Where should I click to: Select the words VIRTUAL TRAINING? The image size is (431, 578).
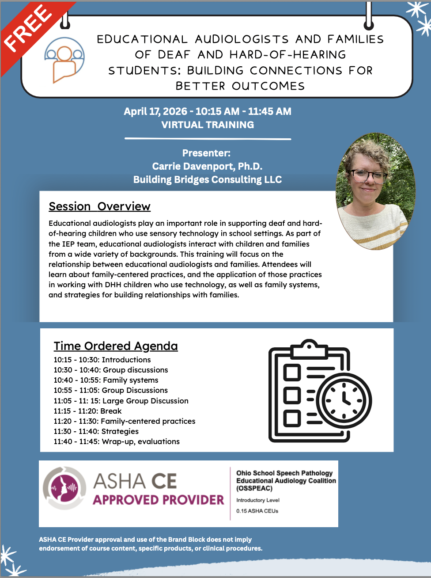208,125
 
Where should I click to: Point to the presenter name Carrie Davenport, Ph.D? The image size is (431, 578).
207,166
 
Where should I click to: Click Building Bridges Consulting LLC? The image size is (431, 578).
208,179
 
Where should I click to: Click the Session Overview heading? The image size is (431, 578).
99,206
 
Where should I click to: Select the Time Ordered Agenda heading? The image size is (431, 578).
116,346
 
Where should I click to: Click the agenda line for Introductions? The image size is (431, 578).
102,360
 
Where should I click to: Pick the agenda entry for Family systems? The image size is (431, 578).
106,380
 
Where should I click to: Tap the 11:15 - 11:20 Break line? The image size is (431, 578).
87,411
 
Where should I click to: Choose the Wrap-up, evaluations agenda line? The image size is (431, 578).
117,441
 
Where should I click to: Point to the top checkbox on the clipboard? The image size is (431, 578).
292,372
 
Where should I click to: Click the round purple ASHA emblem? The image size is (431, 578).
64,488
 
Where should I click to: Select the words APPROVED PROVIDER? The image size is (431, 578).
158,500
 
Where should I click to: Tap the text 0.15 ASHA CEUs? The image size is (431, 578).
257,511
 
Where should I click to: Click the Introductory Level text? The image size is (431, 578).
258,500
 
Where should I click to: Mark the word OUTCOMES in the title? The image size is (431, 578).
268,86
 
